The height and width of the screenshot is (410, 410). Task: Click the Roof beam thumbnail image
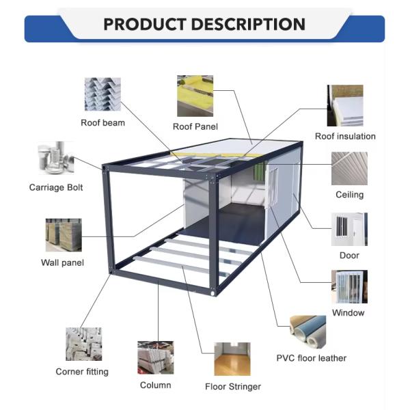click(102, 94)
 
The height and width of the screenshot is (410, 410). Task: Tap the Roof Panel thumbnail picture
click(195, 96)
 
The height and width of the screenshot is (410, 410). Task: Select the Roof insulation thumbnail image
click(345, 106)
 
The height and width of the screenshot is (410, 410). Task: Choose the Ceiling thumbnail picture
click(349, 168)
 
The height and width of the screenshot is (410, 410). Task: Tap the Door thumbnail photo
click(349, 229)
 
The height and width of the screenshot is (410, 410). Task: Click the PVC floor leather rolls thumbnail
click(312, 332)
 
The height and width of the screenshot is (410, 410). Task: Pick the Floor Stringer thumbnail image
click(232, 359)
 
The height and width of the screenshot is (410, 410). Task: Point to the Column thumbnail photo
click(155, 357)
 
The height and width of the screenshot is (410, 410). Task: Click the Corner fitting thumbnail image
click(83, 344)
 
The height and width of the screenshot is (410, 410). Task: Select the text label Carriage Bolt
click(56, 187)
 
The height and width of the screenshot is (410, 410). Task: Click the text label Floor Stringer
click(233, 387)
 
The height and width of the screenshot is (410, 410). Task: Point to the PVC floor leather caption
click(311, 358)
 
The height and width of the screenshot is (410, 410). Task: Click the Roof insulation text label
click(345, 136)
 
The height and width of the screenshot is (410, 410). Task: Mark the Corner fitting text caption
click(82, 372)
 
